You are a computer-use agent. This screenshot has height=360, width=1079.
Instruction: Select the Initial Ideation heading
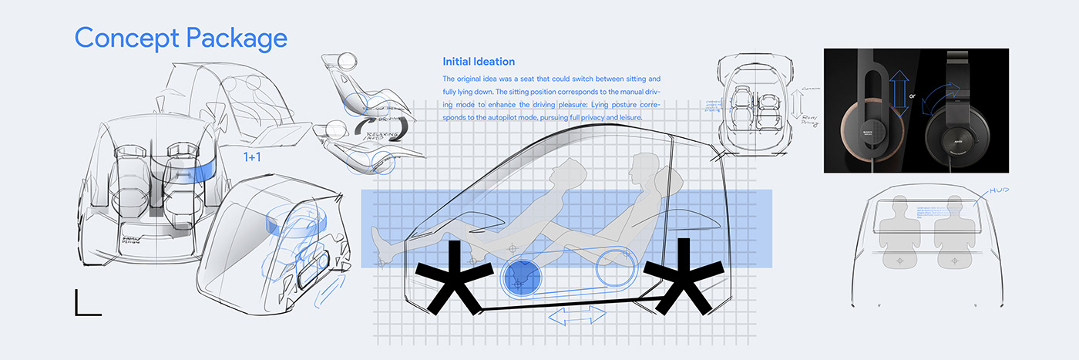(479, 62)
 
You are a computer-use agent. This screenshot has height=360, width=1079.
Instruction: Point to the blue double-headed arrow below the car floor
(576, 315)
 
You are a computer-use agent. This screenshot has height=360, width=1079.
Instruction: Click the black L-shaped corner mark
(87, 304)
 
